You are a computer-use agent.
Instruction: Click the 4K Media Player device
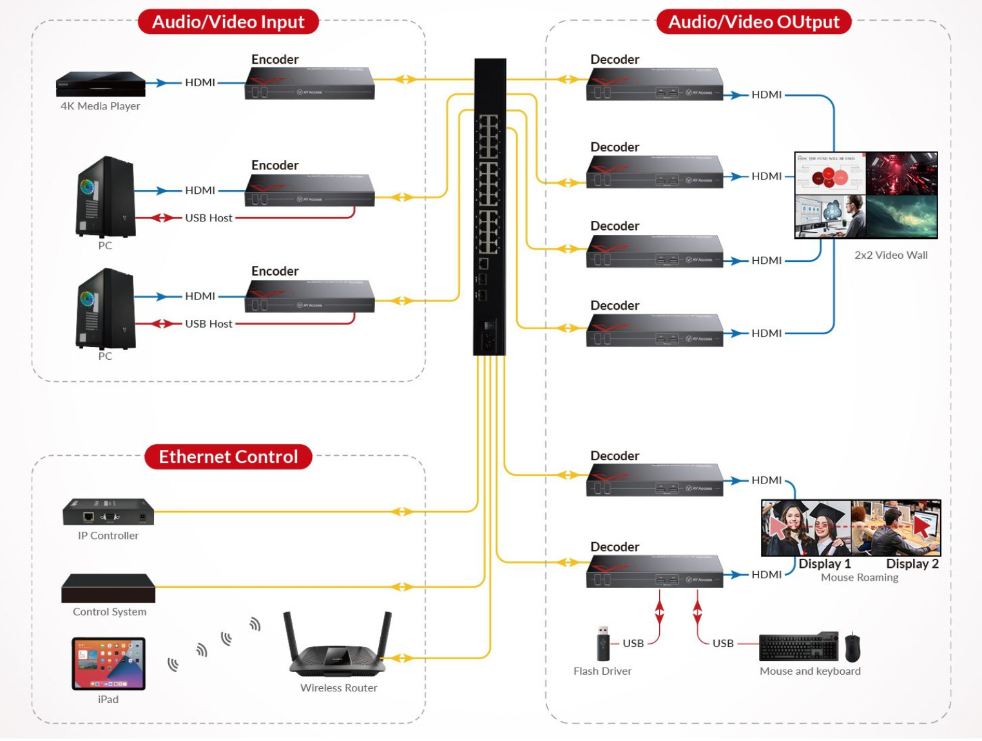(101, 84)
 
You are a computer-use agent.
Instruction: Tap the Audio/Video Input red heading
(228, 22)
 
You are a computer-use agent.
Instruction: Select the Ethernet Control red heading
(228, 456)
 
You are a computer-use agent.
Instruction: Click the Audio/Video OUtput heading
(753, 22)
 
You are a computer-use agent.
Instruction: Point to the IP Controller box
(108, 512)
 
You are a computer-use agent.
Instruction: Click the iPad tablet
(108, 663)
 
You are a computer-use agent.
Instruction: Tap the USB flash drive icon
(603, 644)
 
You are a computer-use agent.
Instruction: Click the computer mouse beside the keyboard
(852, 647)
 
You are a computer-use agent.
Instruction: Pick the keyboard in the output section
(798, 647)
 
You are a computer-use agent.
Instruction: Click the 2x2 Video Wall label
(891, 255)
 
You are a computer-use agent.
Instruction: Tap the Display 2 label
(912, 564)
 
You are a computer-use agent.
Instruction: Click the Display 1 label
(824, 564)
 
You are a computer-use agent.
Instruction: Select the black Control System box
(108, 588)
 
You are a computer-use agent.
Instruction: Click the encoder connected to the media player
(309, 83)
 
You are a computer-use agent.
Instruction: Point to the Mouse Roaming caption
(859, 577)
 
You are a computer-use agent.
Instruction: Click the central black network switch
(490, 206)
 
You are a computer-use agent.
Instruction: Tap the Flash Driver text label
(602, 671)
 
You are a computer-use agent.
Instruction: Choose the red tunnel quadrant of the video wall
(901, 173)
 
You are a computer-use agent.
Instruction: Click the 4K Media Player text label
(100, 106)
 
